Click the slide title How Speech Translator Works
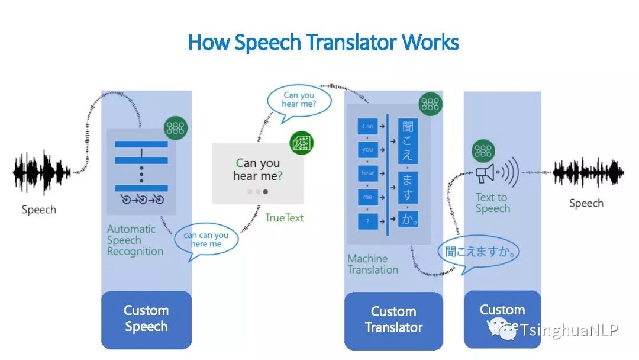pyautogui.click(x=323, y=43)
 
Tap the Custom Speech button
pyautogui.click(x=146, y=319)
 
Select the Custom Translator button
pyautogui.click(x=393, y=320)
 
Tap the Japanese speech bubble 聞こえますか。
pyautogui.click(x=481, y=252)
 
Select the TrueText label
pyautogui.click(x=284, y=218)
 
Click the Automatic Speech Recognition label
pyautogui.click(x=135, y=240)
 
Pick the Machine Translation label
pyautogui.click(x=373, y=264)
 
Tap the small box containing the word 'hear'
pyautogui.click(x=367, y=173)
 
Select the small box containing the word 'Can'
pyautogui.click(x=367, y=126)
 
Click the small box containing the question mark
pyautogui.click(x=367, y=221)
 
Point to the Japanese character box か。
pyautogui.click(x=408, y=218)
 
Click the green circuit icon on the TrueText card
pyautogui.click(x=302, y=144)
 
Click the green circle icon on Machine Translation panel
pyautogui.click(x=430, y=104)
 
